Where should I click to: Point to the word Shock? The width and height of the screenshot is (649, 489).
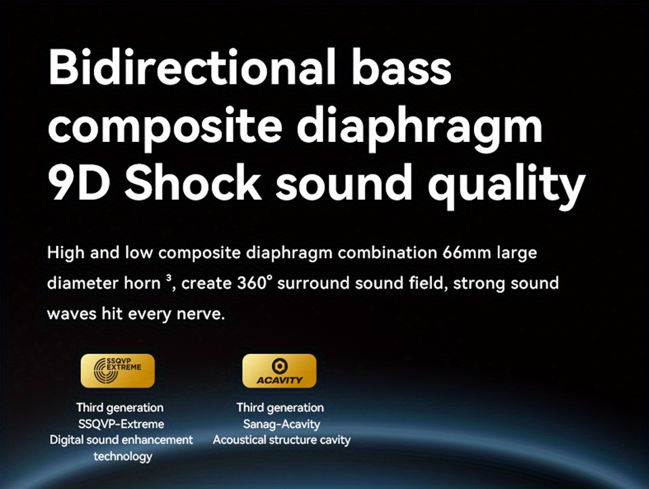(x=193, y=181)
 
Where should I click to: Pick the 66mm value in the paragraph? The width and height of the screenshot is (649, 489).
(x=466, y=252)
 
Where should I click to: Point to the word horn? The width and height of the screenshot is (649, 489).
(x=142, y=283)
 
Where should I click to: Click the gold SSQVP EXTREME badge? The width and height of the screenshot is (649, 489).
(x=118, y=371)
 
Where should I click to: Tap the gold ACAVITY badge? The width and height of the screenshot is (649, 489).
(x=279, y=371)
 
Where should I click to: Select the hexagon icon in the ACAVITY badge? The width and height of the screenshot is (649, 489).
(x=279, y=366)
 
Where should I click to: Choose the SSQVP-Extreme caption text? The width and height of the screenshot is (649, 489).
(x=121, y=424)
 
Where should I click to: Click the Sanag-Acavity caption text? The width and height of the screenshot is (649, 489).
(x=281, y=424)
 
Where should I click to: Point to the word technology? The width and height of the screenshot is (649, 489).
(x=123, y=457)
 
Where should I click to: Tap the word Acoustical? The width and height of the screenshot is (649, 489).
(x=239, y=440)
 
